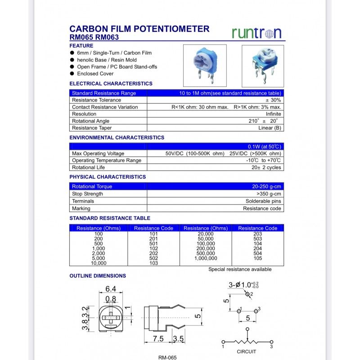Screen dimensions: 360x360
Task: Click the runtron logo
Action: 256,32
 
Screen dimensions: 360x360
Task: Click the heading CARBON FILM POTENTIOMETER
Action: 139,29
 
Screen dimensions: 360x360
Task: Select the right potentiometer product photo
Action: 263,66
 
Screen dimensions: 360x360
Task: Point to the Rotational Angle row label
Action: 90,121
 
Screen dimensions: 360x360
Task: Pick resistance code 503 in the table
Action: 258,239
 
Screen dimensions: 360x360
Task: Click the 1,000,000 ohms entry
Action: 206,258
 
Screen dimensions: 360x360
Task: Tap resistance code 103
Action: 153,263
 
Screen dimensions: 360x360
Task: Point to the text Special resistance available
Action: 240,270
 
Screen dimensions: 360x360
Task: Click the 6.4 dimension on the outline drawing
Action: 111,289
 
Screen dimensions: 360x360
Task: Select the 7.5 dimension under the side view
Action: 158,339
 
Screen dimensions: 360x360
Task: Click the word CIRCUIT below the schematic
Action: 247,351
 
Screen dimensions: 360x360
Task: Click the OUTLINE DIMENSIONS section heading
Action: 98,275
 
